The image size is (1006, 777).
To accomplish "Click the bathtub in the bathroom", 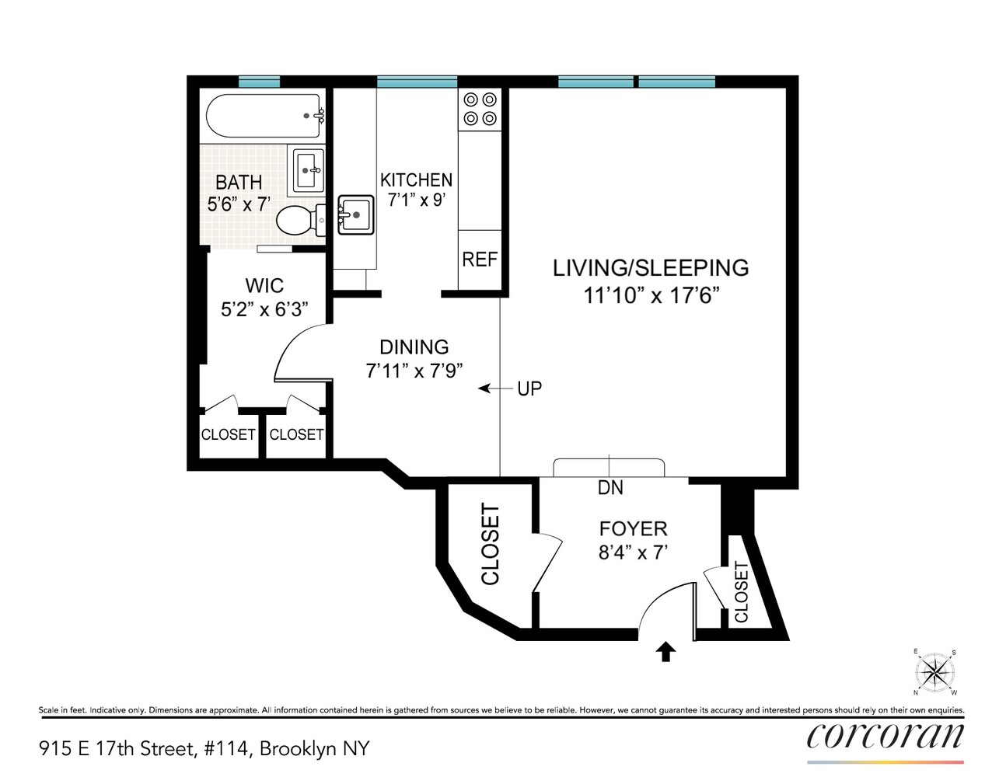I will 263,117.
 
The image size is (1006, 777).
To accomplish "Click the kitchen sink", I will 356,214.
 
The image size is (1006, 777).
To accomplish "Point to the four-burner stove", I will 480,109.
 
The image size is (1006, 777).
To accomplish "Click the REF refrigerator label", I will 479,260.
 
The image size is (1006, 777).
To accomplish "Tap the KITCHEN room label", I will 416,179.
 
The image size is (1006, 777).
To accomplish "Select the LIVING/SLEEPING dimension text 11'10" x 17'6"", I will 651,296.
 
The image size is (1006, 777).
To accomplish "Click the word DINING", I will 414,347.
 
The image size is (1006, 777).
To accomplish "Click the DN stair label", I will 610,488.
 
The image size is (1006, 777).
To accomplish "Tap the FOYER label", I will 633,529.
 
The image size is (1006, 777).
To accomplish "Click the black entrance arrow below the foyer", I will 665,652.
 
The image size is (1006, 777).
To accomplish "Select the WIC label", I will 264,285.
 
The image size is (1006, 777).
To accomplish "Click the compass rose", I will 934,672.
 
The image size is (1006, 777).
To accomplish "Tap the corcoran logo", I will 885,735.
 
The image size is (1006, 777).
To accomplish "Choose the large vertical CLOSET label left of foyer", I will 490,544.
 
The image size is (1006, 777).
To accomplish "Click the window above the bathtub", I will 259,82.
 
